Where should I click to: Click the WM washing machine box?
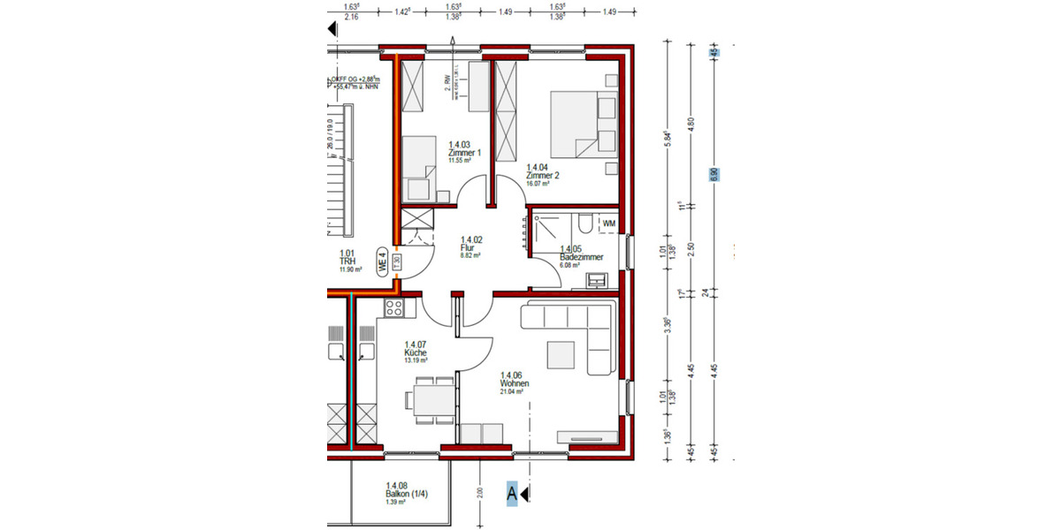(608, 224)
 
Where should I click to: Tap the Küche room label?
(416, 352)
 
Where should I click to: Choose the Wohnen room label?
(515, 383)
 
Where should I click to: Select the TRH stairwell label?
(347, 261)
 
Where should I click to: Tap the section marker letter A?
(511, 496)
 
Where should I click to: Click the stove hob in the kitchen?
(394, 307)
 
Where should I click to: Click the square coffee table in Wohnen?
(562, 353)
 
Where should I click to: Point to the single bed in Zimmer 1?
(421, 168)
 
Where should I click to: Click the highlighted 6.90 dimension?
(714, 174)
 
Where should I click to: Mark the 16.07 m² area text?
(538, 184)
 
